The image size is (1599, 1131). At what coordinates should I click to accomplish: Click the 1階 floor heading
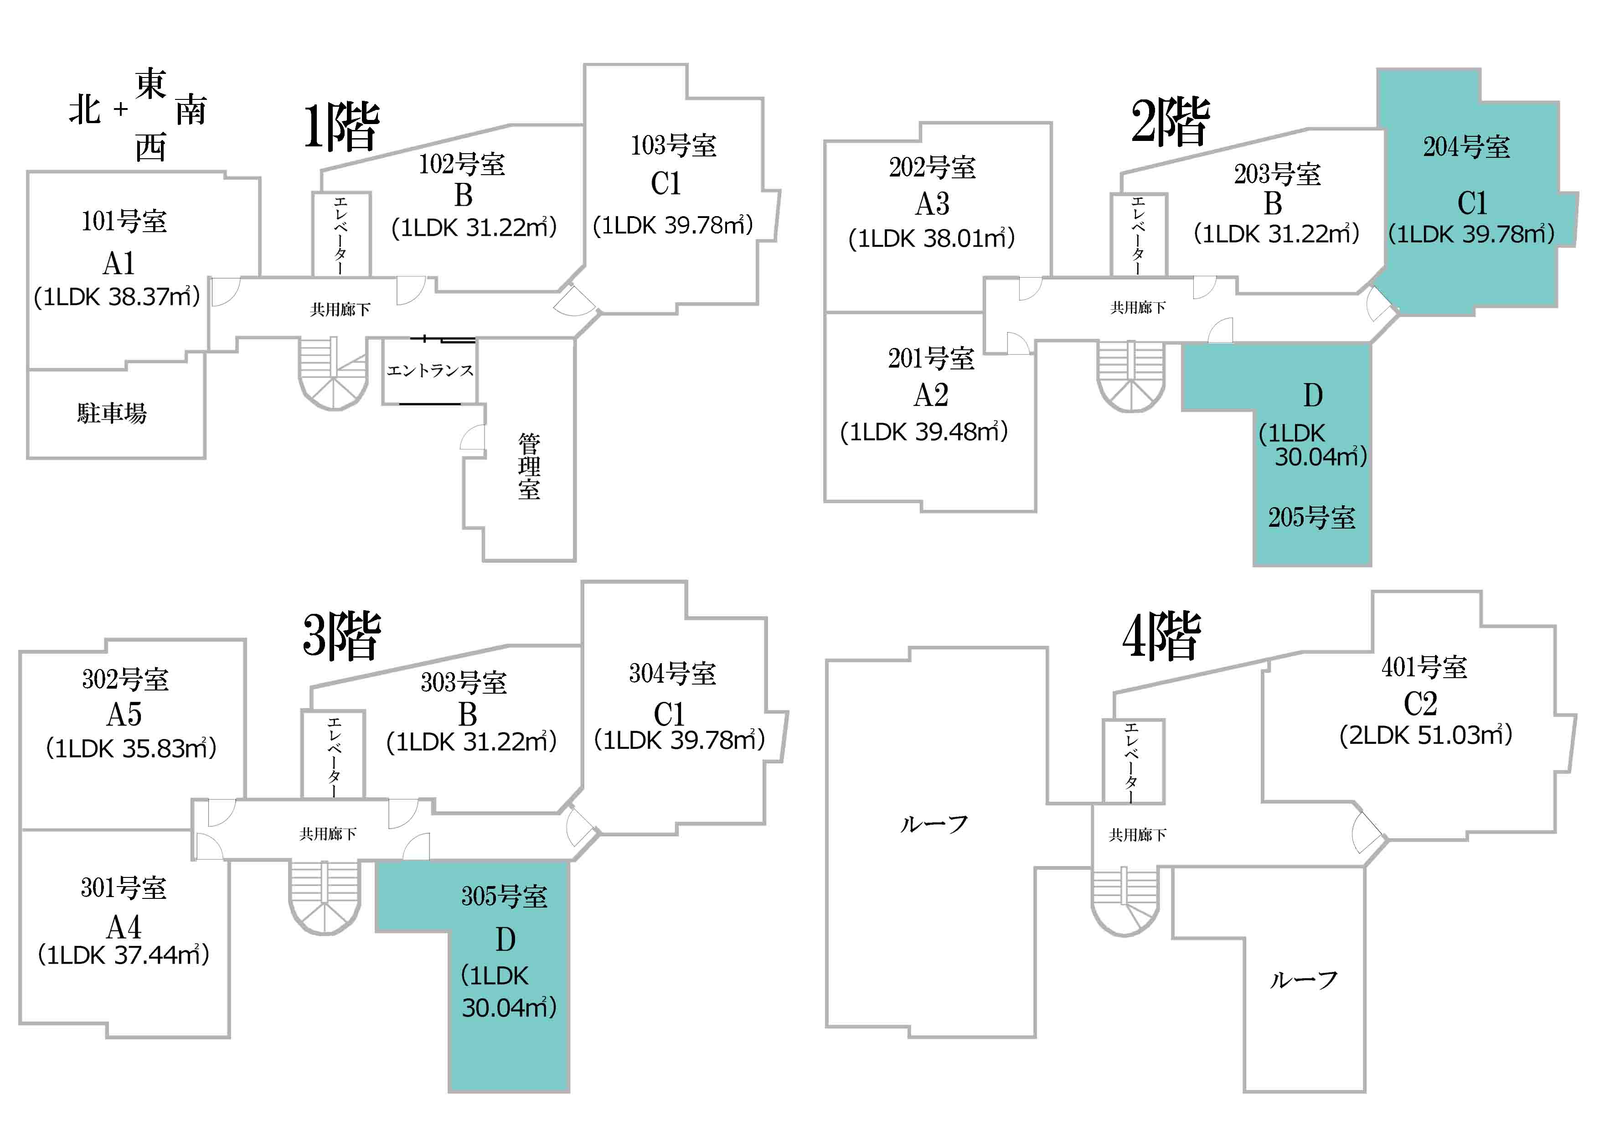pos(342,127)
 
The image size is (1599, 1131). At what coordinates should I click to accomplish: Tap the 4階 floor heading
pos(1161,636)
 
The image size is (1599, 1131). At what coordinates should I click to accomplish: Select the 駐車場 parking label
pos(112,413)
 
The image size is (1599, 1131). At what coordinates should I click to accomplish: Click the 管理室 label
pos(529,466)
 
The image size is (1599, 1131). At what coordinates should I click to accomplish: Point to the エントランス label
pos(430,370)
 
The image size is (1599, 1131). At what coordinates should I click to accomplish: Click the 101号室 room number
pos(124,221)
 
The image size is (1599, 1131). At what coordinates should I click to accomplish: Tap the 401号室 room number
pos(1424,667)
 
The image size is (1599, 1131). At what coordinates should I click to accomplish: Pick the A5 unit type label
pos(124,714)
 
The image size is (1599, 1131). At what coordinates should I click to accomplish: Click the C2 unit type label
pos(1421,703)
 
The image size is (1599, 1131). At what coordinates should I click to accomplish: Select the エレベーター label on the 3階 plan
pos(334,757)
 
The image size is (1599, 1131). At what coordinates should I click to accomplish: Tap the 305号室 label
pos(504,896)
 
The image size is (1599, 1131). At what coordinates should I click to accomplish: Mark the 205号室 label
pos(1311,517)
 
